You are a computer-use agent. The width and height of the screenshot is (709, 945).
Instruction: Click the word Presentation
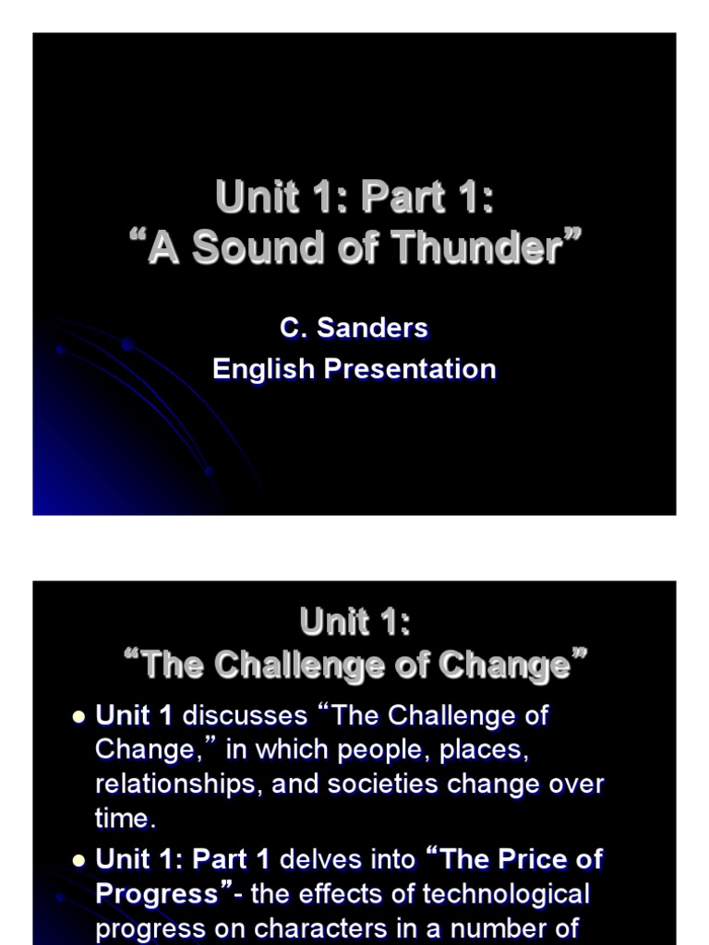tap(412, 369)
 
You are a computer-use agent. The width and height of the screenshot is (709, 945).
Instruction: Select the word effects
tap(336, 893)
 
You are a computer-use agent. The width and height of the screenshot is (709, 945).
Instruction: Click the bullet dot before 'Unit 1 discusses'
tap(78, 716)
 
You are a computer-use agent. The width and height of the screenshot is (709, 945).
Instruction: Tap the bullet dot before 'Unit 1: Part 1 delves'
tap(78, 860)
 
